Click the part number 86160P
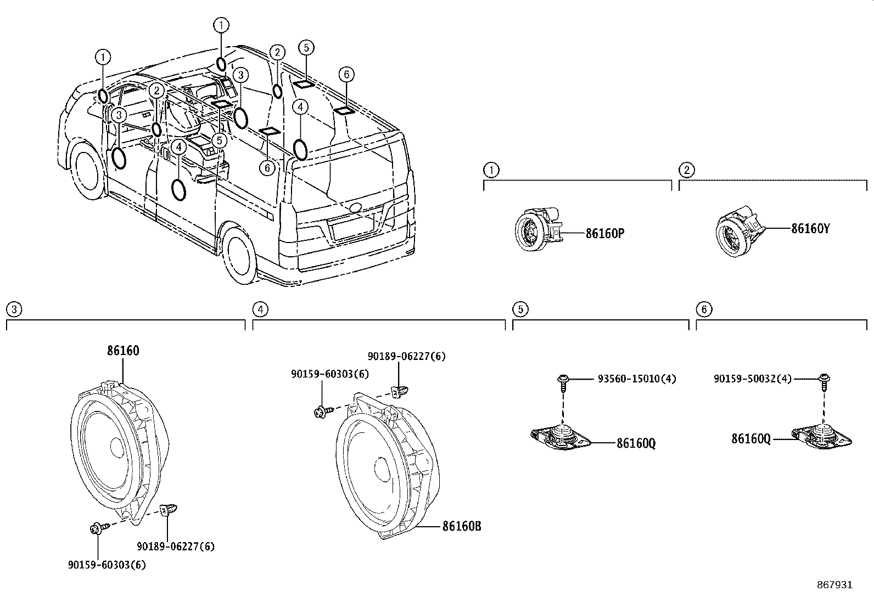coord(604,233)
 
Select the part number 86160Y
coord(810,229)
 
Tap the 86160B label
coord(462,526)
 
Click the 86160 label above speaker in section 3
coord(123,351)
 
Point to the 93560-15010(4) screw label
coord(637,379)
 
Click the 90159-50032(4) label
coord(753,379)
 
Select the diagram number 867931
coord(834,585)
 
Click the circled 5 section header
coord(519,309)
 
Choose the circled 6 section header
coord(703,309)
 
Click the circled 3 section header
coord(13,309)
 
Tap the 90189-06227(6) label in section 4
coord(406,356)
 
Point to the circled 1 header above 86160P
coord(491,170)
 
